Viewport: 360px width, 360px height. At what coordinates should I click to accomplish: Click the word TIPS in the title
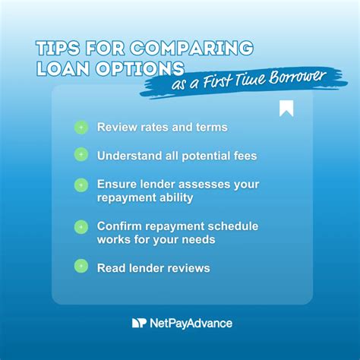coord(58,48)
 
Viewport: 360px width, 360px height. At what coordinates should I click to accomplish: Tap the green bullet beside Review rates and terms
coord(81,127)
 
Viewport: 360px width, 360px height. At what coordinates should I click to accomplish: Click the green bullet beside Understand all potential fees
coord(81,155)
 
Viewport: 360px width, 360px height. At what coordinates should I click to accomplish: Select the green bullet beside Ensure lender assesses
coord(81,185)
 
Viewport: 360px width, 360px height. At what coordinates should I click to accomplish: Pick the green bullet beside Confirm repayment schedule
coord(81,226)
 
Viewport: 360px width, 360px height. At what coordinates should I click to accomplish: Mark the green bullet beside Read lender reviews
coord(81,267)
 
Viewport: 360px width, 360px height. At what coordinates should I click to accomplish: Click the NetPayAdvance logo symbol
coord(138,323)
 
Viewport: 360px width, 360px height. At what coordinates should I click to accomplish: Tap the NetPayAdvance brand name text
coord(191,323)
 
